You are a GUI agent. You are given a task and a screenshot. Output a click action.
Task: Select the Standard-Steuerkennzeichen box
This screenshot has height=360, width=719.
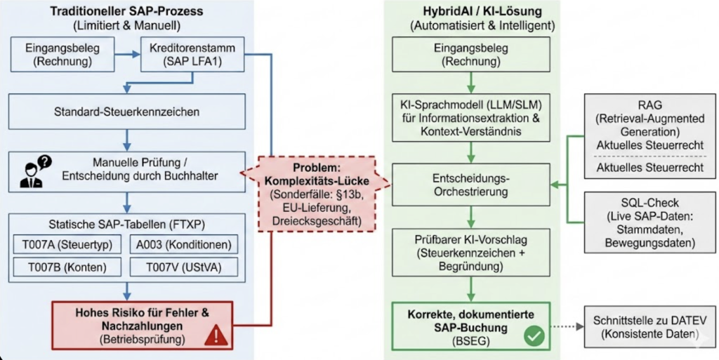click(x=127, y=111)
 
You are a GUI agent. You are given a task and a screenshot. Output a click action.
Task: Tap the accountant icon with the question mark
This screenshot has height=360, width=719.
click(x=34, y=169)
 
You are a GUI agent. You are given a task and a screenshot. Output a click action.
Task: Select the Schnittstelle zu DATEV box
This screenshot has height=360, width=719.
click(x=647, y=326)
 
